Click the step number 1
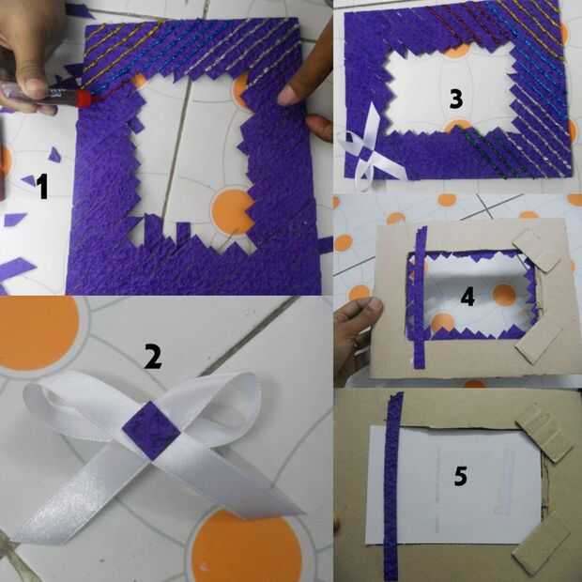pyautogui.click(x=43, y=186)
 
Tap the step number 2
pyautogui.click(x=153, y=356)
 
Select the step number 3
pyautogui.click(x=456, y=99)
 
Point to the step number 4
pyautogui.click(x=467, y=298)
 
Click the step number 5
pyautogui.click(x=461, y=476)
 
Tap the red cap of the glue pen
pyautogui.click(x=84, y=99)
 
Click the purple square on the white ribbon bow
pyautogui.click(x=151, y=430)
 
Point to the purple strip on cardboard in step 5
pyautogui.click(x=392, y=486)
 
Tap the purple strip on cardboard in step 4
pyautogui.click(x=420, y=297)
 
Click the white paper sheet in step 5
pyautogui.click(x=453, y=486)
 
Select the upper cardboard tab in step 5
pyautogui.click(x=544, y=431)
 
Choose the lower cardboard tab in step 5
pyautogui.click(x=542, y=543)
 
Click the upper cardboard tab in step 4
pyautogui.click(x=537, y=250)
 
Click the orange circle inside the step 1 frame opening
pyautogui.click(x=233, y=211)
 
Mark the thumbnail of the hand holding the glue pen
pyautogui.click(x=34, y=84)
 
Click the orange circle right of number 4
pyautogui.click(x=504, y=296)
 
